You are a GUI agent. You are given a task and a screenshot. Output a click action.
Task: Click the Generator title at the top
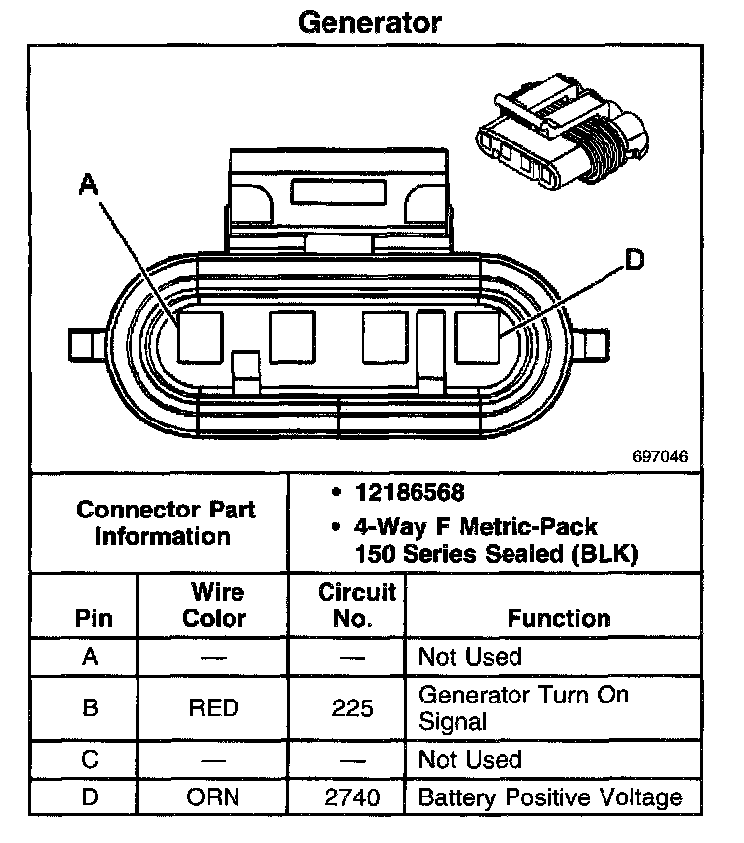coord(370,21)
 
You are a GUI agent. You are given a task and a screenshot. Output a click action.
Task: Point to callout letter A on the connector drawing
coord(89,184)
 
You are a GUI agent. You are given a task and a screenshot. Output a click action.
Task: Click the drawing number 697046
coord(661,458)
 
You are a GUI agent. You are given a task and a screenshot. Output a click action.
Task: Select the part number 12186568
coord(410,493)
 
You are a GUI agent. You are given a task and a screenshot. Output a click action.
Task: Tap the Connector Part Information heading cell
coord(165,523)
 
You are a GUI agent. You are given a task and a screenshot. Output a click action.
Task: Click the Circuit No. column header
coord(356,606)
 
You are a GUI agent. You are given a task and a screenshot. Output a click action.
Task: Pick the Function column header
coord(559,619)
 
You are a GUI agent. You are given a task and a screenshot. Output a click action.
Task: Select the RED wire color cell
coord(213,708)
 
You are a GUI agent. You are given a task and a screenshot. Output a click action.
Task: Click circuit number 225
coord(354,708)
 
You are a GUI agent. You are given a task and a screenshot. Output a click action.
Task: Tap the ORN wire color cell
coord(214,797)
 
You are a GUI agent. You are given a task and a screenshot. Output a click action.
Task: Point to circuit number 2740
coord(354,797)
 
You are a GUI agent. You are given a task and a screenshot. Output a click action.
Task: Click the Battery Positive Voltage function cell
coord(550,797)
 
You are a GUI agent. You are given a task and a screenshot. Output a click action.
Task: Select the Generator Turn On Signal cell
coord(523,707)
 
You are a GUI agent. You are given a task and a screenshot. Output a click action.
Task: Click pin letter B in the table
coord(90,708)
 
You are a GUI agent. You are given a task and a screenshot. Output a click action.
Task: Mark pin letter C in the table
coord(90,761)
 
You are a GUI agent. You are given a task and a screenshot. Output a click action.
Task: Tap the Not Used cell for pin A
coord(470,657)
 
